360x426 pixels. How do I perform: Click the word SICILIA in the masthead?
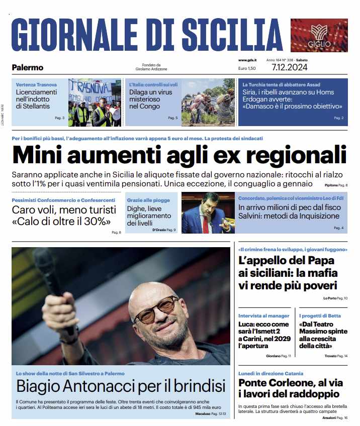(225, 35)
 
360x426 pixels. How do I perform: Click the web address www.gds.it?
(249, 60)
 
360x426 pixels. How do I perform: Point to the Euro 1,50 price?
(247, 68)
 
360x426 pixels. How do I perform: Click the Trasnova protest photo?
(95, 102)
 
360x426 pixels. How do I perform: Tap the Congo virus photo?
(208, 102)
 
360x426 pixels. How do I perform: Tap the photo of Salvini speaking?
(207, 213)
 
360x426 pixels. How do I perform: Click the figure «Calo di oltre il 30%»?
(61, 222)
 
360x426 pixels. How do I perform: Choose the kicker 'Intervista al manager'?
(264, 315)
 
